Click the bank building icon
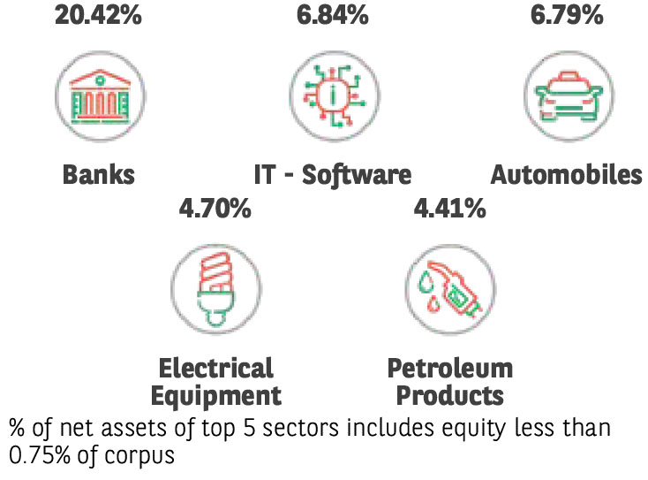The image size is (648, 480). [x=98, y=94]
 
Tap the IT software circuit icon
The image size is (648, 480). [x=334, y=94]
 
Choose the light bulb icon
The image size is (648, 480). [x=215, y=287]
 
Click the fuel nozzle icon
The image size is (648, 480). [x=449, y=287]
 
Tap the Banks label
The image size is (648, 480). [x=98, y=174]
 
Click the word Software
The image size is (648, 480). [x=357, y=174]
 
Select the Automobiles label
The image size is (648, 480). [x=567, y=174]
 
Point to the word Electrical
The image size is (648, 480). [x=215, y=368]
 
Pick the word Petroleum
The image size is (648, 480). [x=449, y=368]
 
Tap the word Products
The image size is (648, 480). [x=449, y=394]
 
